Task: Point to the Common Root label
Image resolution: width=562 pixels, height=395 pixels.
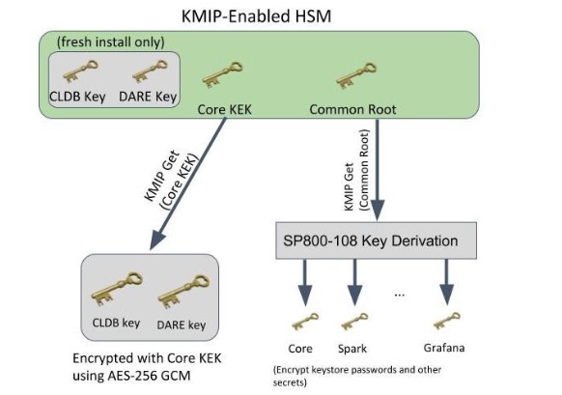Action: [351, 108]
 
